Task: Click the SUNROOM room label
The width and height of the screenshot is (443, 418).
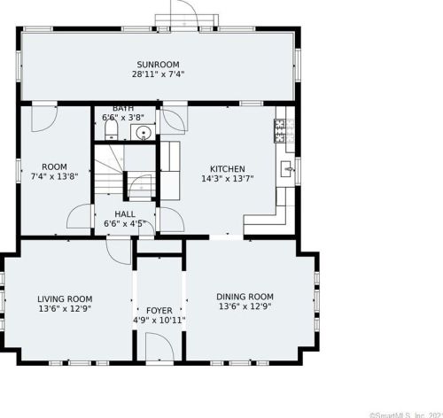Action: (x=158, y=65)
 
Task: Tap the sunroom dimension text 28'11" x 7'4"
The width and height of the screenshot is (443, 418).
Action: (x=158, y=74)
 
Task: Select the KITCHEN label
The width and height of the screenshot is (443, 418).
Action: (x=228, y=169)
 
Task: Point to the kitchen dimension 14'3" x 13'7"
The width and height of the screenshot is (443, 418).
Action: (x=228, y=179)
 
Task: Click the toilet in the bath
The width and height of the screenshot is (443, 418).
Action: (x=112, y=130)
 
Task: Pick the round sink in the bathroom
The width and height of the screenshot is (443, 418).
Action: (x=144, y=132)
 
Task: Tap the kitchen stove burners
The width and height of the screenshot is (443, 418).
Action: (x=280, y=130)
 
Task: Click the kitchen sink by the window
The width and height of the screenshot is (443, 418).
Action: (x=286, y=169)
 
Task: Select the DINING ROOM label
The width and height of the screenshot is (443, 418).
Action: (x=245, y=297)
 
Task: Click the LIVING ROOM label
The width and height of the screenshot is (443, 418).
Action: (x=65, y=298)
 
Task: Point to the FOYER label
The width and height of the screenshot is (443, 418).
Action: (x=159, y=311)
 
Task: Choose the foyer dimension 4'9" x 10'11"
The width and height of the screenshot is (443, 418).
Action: (x=159, y=320)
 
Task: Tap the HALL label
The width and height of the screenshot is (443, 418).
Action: (x=125, y=214)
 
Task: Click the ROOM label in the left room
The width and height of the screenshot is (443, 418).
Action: (x=54, y=166)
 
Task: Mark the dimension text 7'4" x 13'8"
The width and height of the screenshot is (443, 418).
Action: (x=54, y=176)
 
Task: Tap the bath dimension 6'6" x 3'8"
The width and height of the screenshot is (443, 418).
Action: (x=123, y=118)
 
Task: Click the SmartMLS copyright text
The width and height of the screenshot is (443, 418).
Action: (x=406, y=415)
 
